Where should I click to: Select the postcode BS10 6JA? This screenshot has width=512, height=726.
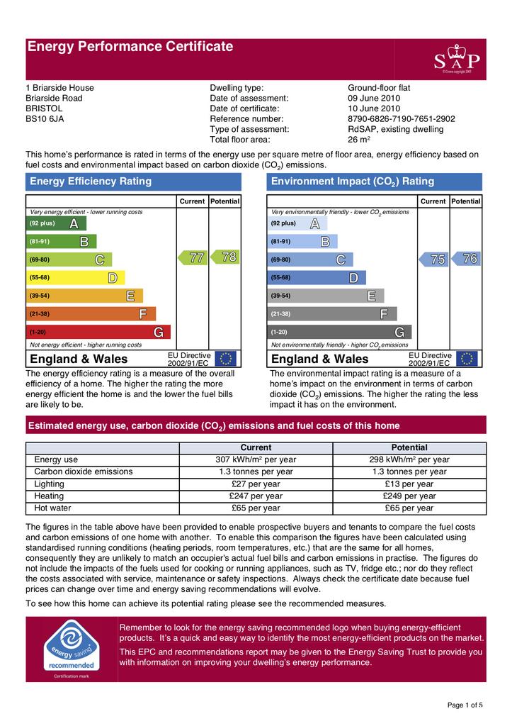45,119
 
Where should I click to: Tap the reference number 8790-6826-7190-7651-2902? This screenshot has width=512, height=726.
401,119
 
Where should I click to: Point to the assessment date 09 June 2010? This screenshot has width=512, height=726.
374,99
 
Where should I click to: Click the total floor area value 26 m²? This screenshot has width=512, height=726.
361,140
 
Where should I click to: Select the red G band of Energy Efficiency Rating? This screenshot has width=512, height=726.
98,332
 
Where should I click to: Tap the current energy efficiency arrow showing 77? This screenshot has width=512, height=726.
192,258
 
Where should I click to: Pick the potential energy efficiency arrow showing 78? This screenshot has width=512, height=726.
224,257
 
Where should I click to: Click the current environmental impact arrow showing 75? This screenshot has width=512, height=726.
433,259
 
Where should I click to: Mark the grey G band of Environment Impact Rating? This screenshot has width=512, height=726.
340,332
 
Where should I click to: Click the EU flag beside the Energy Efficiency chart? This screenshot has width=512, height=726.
226,359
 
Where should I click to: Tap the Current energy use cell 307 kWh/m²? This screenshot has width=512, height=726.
256,459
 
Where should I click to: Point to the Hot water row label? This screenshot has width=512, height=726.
50,508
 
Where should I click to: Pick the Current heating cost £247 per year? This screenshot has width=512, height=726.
256,496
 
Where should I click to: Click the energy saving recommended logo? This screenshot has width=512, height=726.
70,647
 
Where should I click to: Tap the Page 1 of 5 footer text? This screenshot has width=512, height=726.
465,705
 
